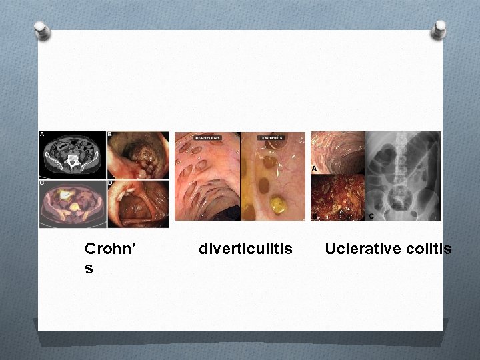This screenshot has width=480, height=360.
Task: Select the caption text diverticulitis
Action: pos(245,249)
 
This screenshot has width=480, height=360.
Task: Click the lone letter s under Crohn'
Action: pos(89,267)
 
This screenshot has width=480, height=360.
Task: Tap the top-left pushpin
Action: pos(42,30)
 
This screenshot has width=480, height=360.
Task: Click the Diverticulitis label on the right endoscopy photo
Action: pos(271,138)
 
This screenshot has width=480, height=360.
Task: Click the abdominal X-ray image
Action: pos(403,175)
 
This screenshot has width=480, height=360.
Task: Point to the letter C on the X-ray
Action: pos(370,215)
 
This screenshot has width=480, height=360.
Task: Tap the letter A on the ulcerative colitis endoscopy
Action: pos(314,169)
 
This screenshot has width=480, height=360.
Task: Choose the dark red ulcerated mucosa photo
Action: pos(337,197)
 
